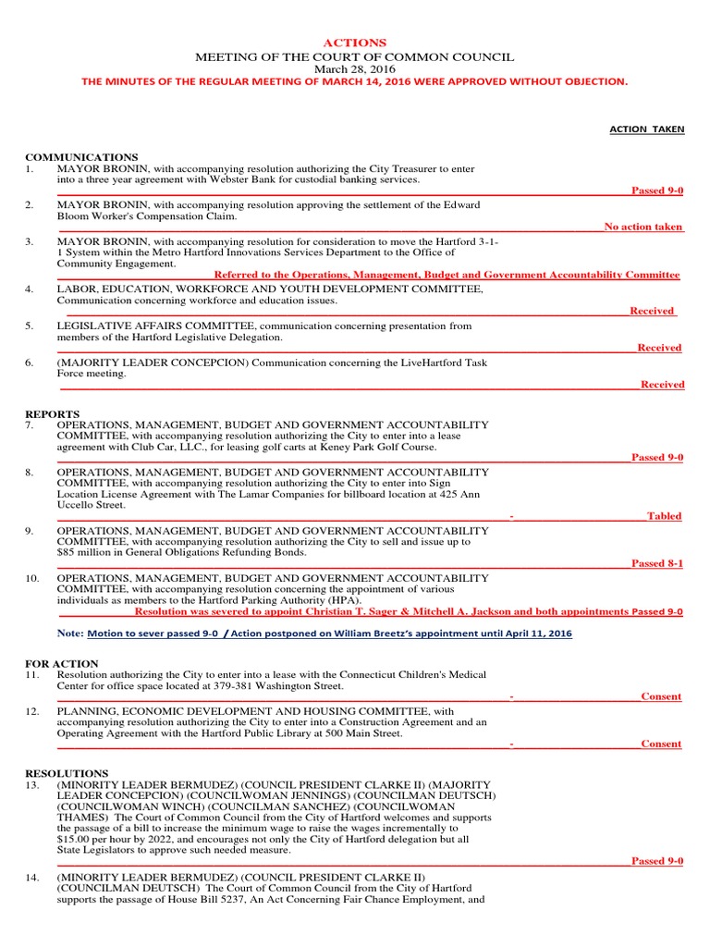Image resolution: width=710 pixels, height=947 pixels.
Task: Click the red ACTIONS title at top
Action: (x=354, y=43)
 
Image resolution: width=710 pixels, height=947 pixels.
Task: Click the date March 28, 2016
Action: (x=354, y=69)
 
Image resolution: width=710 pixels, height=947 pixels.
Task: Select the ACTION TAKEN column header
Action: (x=647, y=129)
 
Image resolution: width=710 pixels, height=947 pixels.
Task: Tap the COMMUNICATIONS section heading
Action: (x=81, y=157)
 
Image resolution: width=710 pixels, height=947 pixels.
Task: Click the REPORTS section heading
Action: (x=52, y=413)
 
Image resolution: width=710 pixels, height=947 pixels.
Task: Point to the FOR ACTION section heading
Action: (x=61, y=664)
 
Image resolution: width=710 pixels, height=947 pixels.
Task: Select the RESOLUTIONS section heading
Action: (x=66, y=773)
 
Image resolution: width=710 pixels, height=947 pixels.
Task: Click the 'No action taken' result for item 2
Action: (x=643, y=227)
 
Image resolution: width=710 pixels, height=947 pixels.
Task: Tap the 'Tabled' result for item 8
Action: (x=664, y=516)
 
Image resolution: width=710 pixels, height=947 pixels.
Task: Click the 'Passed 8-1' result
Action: (x=657, y=563)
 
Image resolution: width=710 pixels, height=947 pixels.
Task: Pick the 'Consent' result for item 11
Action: (x=661, y=696)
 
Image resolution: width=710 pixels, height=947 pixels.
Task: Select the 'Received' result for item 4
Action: (x=652, y=311)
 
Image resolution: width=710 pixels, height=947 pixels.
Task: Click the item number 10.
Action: (x=32, y=578)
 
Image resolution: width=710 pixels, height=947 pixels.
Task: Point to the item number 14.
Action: (x=32, y=876)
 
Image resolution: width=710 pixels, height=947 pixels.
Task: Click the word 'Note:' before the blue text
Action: (x=70, y=633)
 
